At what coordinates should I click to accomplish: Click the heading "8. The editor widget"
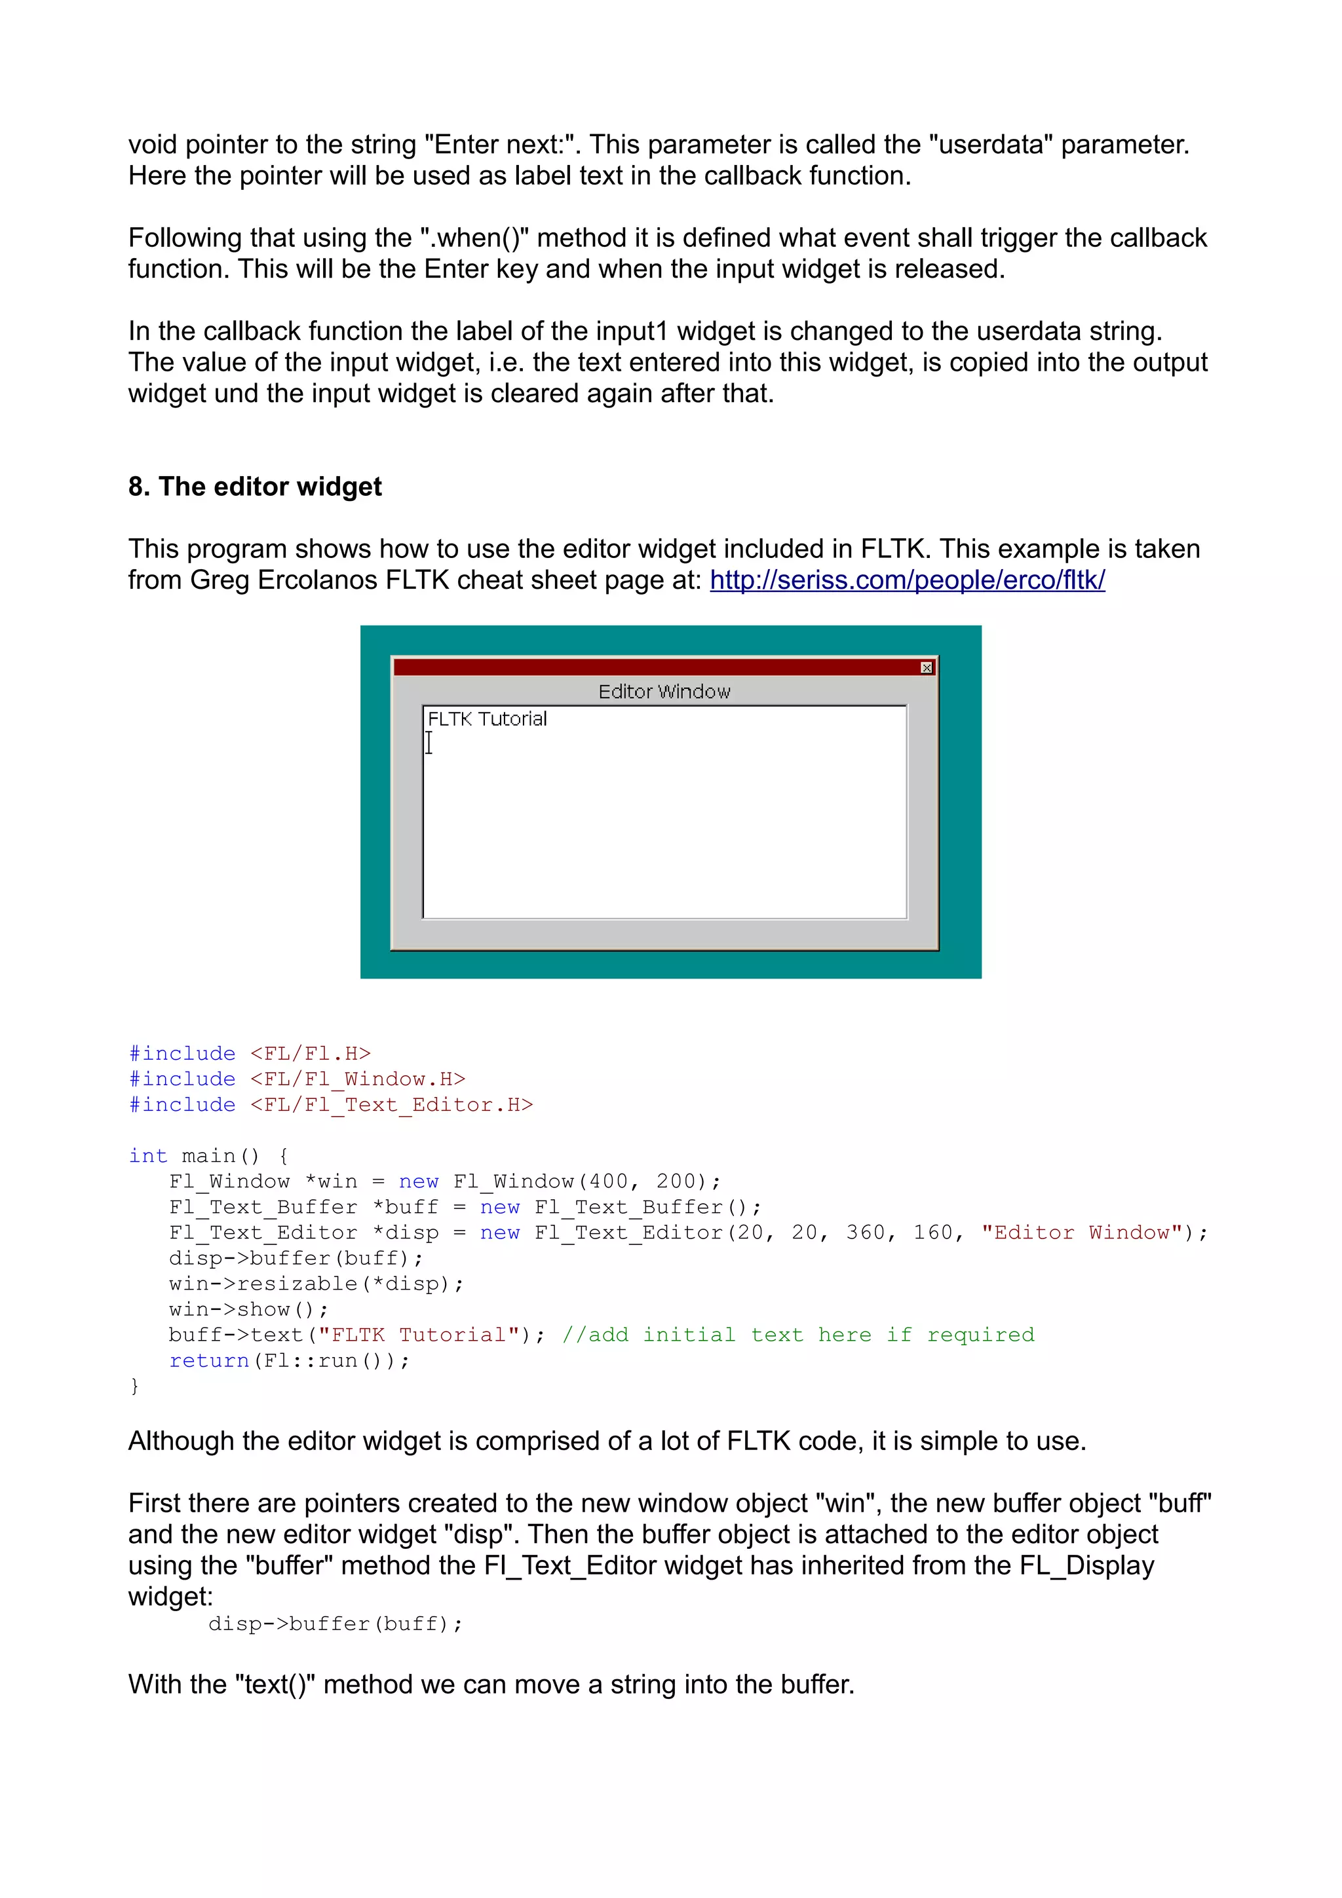(x=255, y=487)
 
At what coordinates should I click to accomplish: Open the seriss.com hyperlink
(x=907, y=580)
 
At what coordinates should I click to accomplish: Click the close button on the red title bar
(x=926, y=667)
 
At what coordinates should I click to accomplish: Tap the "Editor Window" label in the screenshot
(x=664, y=692)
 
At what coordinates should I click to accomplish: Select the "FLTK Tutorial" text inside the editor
(x=487, y=719)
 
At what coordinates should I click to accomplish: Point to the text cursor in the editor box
(x=429, y=743)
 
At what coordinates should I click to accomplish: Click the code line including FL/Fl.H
(x=250, y=1054)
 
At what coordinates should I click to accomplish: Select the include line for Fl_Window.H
(x=297, y=1079)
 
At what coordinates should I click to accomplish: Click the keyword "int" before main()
(x=147, y=1157)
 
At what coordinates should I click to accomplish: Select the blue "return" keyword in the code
(x=208, y=1362)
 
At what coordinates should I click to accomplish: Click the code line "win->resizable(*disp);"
(x=316, y=1284)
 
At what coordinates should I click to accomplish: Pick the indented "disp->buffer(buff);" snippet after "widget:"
(x=335, y=1624)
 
